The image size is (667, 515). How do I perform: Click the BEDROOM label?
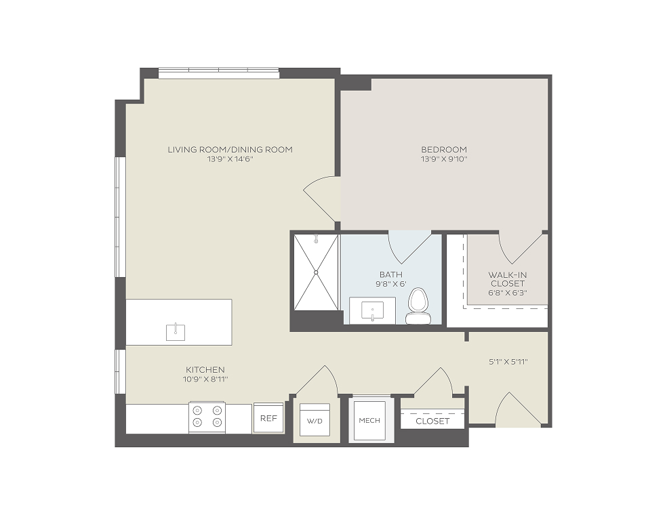pos(444,150)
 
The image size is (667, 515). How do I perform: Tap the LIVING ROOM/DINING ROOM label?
pos(230,150)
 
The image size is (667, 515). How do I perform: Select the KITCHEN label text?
pos(205,369)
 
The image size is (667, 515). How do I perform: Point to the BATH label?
pos(391,274)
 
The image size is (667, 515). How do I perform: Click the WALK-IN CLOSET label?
pos(508,279)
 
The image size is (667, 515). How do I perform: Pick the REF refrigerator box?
pos(269,418)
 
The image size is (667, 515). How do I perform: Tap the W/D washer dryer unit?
pos(315,420)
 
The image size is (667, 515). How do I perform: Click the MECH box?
pos(369,420)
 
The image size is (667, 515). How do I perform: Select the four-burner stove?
pos(207,417)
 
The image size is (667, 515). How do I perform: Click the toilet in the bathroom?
pos(418,306)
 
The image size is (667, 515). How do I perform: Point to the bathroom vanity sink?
pos(373,310)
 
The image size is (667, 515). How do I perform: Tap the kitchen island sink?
pos(176,332)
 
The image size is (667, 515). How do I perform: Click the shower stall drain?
pos(316,272)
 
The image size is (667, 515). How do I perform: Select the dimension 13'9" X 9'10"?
pos(444,159)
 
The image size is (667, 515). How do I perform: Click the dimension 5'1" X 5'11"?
pos(508,362)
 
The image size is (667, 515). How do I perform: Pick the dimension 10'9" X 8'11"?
pos(205,379)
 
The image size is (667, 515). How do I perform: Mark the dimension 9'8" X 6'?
pos(391,284)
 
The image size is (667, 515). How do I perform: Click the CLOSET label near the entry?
pos(432,421)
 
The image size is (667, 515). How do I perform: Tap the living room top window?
pos(219,73)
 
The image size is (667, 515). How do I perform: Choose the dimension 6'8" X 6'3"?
pos(508,293)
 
